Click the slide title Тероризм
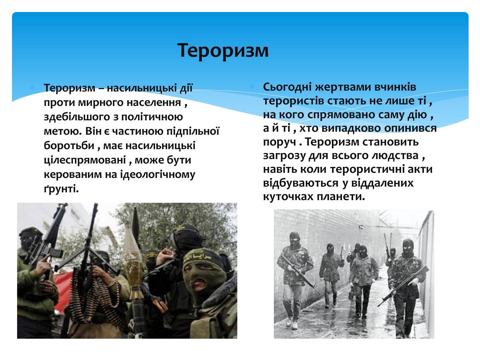tap(223, 51)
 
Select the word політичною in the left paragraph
tap(152, 117)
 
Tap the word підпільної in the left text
tap(193, 131)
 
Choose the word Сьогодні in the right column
tap(287, 87)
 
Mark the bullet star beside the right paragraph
tap(252, 87)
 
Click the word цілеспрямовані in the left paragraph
tap(85, 160)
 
